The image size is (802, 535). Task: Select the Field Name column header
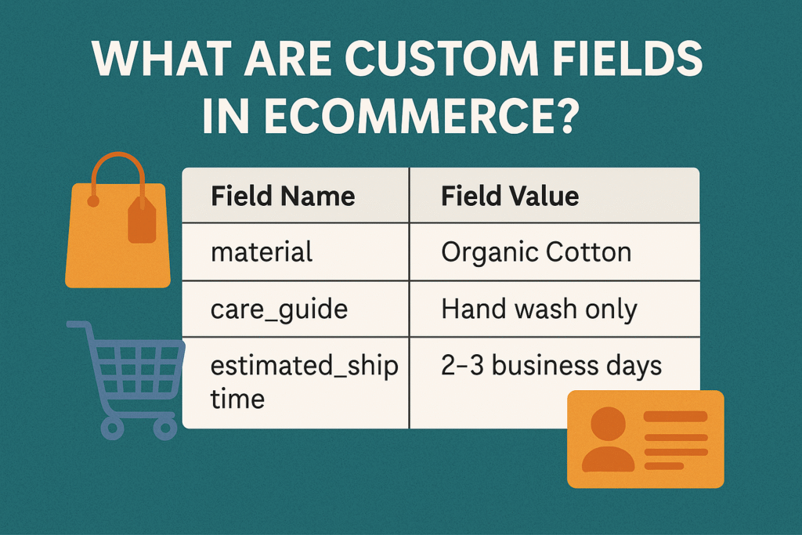pos(283,196)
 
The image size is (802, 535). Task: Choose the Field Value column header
pos(510,196)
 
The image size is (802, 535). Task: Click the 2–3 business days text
pos(551,366)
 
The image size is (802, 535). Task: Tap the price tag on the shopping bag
pos(142,220)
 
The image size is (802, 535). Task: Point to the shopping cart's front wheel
pos(165,428)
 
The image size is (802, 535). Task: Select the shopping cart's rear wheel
pos(113,428)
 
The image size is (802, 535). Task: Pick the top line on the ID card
pos(675,417)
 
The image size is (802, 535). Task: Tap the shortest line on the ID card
pos(664,466)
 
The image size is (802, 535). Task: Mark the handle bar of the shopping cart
pos(77,325)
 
